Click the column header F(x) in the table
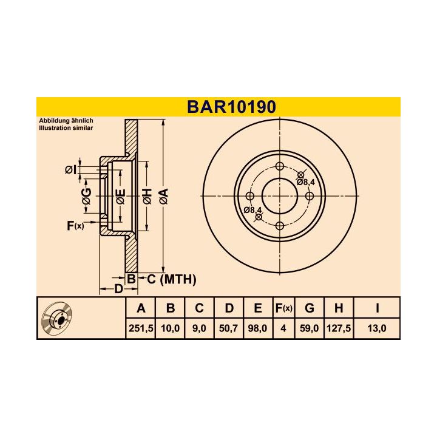coord(283,308)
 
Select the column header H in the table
coord(338,308)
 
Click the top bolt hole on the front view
coord(280,167)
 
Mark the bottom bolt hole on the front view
coord(280,226)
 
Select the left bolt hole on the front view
coord(250,196)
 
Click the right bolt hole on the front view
coord(309,196)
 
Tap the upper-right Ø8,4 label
coord(305,181)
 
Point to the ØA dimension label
coord(163,196)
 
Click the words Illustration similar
coord(66,129)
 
